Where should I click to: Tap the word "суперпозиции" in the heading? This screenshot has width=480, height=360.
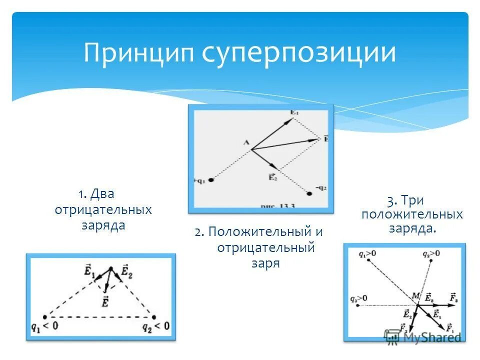pyautogui.click(x=298, y=53)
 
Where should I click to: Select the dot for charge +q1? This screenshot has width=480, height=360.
pyautogui.click(x=211, y=179)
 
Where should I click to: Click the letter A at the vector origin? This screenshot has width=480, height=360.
pyautogui.click(x=246, y=142)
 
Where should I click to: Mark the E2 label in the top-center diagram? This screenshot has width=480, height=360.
pyautogui.click(x=272, y=176)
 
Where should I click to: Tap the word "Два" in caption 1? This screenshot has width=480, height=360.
pyautogui.click(x=102, y=194)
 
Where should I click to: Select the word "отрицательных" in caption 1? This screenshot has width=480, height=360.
pyautogui.click(x=103, y=209)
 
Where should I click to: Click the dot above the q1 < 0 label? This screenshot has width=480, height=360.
pyautogui.click(x=45, y=316)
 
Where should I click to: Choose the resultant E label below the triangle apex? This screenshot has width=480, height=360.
pyautogui.click(x=105, y=301)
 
